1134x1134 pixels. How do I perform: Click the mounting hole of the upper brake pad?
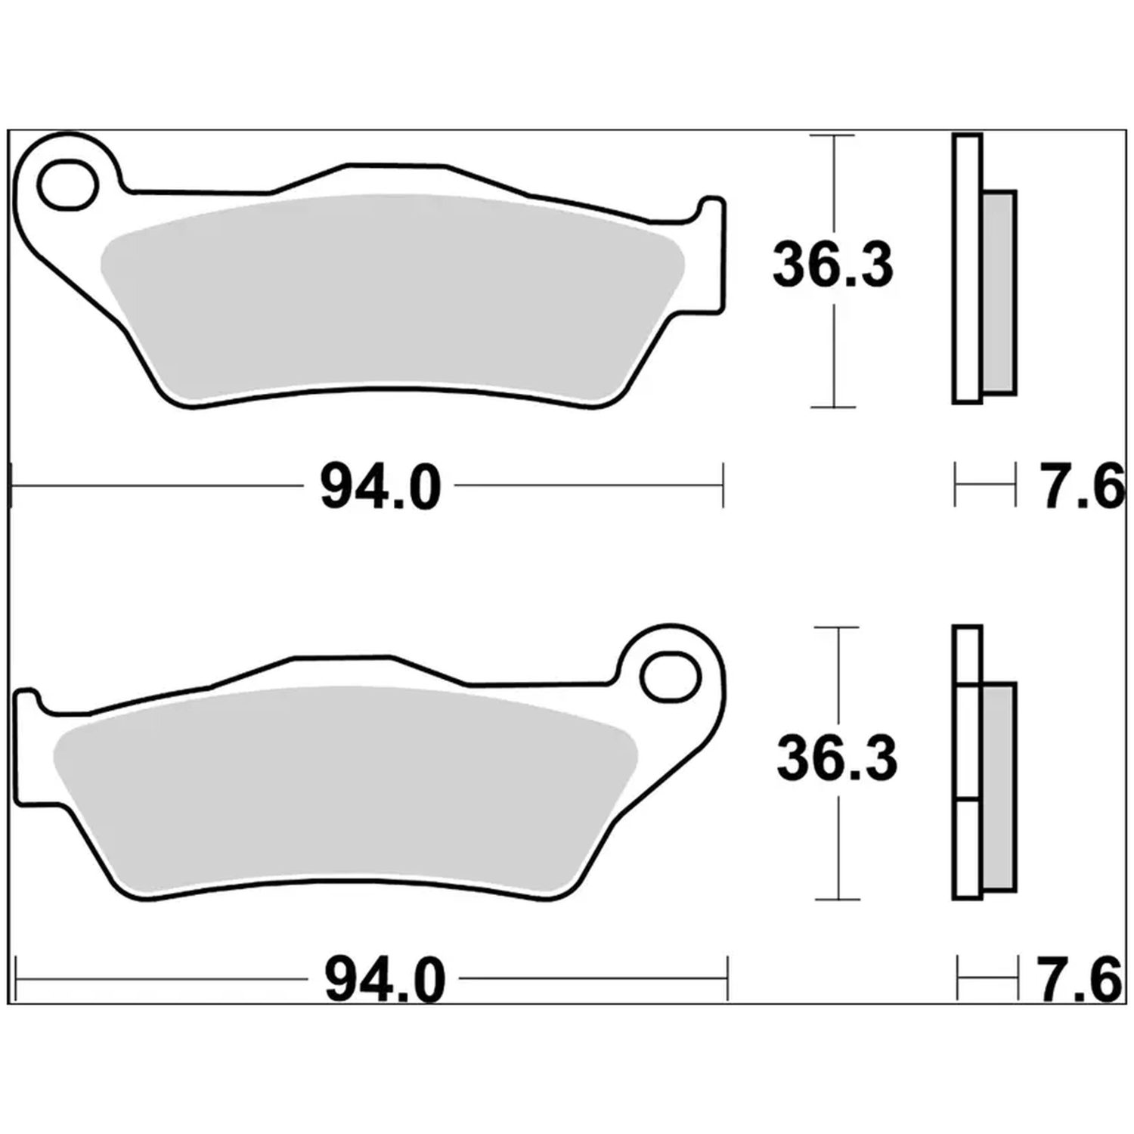coord(70,184)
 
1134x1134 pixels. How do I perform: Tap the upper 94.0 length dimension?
coord(380,488)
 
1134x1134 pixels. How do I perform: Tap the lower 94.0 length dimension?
coord(385,980)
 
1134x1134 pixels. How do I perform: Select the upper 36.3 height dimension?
coord(832,265)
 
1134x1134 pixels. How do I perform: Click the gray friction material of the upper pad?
coord(393,295)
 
